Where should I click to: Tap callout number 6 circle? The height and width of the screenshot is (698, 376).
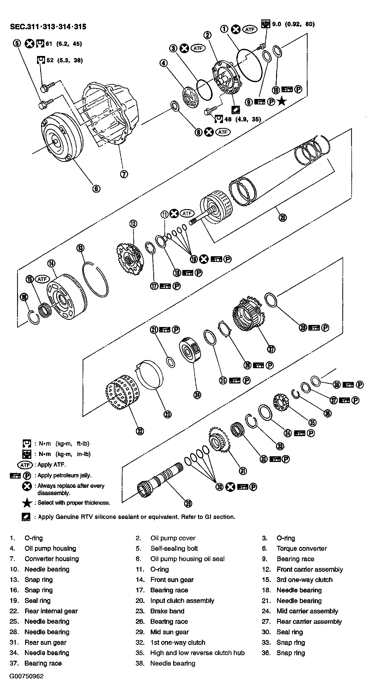pos(96,189)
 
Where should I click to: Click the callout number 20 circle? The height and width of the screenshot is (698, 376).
pos(283,217)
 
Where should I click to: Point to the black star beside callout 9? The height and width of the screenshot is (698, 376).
pos(282,102)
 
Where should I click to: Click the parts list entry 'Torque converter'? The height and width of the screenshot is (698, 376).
pos(301,549)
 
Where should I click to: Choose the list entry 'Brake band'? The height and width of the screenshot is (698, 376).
pos(167,611)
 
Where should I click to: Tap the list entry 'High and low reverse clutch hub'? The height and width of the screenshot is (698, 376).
pos(197,653)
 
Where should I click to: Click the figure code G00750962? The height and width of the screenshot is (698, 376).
pos(26,676)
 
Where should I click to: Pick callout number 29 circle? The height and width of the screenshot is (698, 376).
pos(188,504)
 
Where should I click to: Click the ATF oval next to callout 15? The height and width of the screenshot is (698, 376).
pos(42,279)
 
